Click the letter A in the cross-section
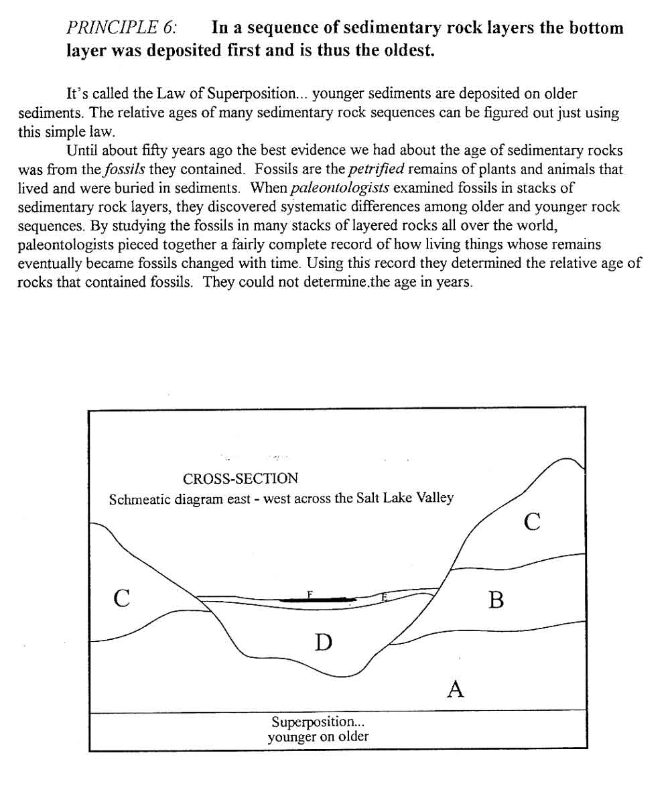click(x=456, y=688)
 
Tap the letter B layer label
click(x=496, y=600)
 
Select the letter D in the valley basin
click(x=324, y=643)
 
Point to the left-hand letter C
click(x=121, y=597)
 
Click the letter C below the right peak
click(x=532, y=521)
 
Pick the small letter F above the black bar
click(x=310, y=594)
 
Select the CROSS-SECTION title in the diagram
click(x=241, y=479)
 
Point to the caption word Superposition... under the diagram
click(x=318, y=722)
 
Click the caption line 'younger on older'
click(x=318, y=738)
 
